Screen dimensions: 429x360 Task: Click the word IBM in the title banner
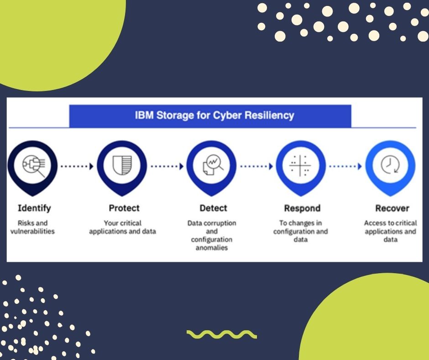point(144,115)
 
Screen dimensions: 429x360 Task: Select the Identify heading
point(34,208)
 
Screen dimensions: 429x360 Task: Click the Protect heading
point(124,208)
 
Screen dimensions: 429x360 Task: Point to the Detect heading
point(214,208)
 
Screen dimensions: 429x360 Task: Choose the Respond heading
point(302,208)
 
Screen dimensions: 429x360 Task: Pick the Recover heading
point(392,208)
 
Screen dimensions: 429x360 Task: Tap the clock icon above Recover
point(390,164)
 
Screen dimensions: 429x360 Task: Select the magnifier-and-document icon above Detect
point(213,164)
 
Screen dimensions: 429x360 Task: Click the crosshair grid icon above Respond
point(300,165)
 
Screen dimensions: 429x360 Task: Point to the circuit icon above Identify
point(34,165)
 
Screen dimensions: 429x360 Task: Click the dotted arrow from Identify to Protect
point(77,166)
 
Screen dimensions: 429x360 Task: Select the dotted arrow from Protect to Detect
point(167,166)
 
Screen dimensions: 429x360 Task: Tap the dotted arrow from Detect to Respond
point(256,166)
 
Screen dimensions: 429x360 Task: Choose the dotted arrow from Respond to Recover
point(345,166)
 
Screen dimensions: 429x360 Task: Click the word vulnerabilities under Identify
point(32,231)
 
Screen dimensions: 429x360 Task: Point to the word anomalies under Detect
point(212,248)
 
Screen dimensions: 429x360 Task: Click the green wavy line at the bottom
point(222,334)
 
